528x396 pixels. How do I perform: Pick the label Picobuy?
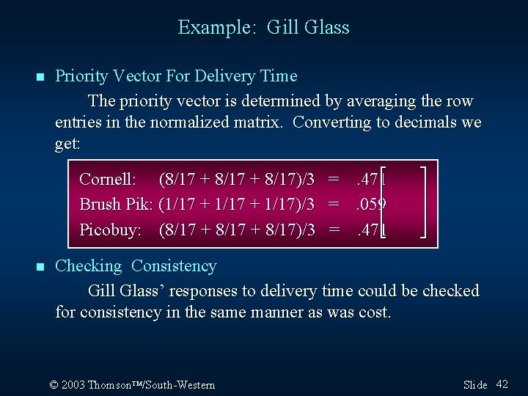click(110, 230)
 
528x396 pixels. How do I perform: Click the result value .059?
click(371, 205)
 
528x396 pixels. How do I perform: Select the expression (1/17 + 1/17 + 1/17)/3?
click(237, 205)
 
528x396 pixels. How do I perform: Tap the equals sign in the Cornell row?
click(334, 179)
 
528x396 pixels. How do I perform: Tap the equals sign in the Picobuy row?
click(334, 230)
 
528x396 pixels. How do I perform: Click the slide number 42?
click(502, 384)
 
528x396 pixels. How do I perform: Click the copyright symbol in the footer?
click(54, 385)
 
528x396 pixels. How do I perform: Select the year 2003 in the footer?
click(73, 385)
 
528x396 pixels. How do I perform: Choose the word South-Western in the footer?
click(183, 385)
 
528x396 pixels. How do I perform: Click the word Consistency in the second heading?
click(174, 266)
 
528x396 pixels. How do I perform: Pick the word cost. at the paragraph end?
click(375, 312)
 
